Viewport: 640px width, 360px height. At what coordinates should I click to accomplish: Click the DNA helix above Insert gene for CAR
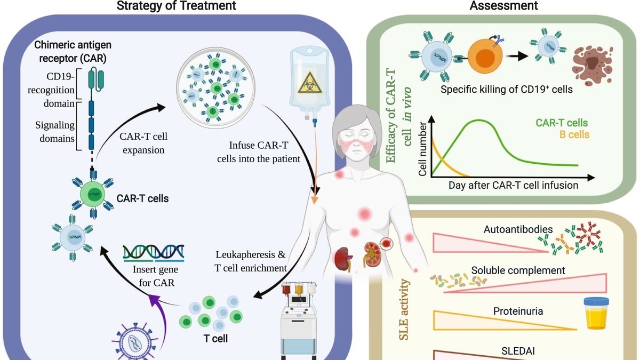click(x=153, y=252)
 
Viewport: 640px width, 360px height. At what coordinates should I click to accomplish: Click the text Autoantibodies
click(x=510, y=230)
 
